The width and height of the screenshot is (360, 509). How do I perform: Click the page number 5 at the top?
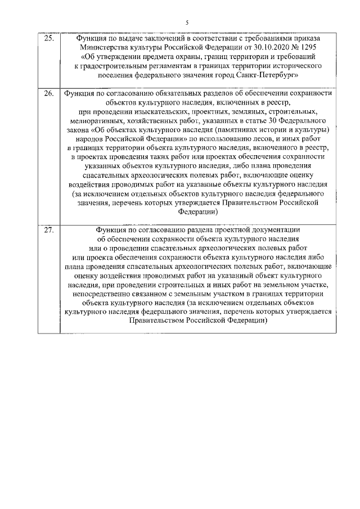click(187, 22)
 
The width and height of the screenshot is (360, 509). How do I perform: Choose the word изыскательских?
click(141, 111)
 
